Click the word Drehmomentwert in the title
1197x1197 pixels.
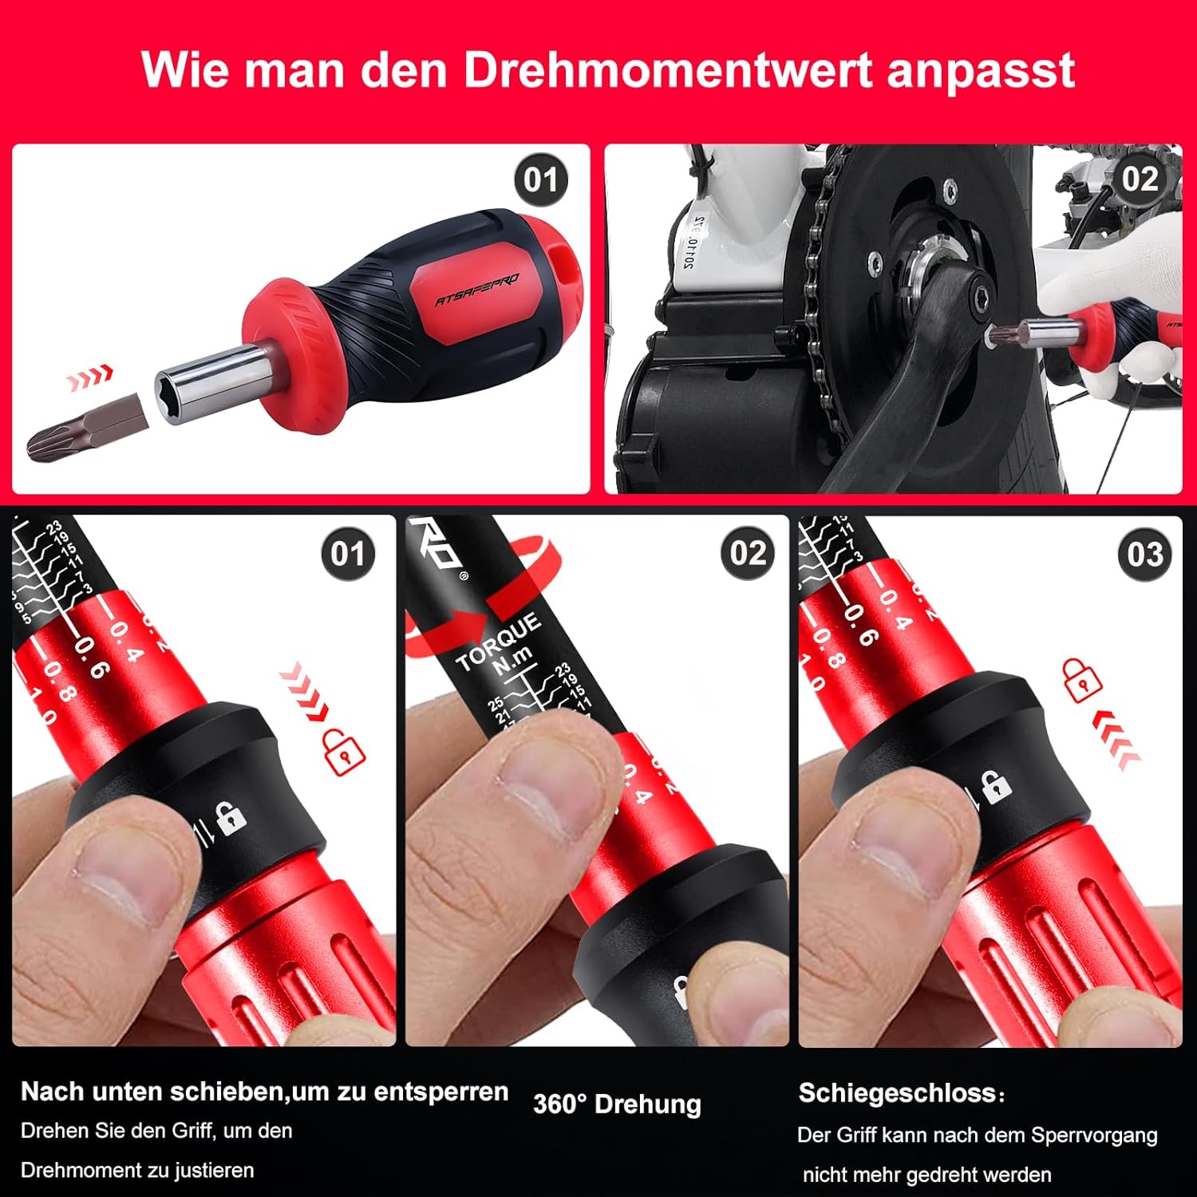click(x=669, y=70)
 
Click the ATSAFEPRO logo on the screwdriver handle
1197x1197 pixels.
click(x=476, y=289)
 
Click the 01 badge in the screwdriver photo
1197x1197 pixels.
click(x=540, y=180)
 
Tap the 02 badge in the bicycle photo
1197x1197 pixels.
click(x=1139, y=179)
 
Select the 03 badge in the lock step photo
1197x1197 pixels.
click(x=1144, y=554)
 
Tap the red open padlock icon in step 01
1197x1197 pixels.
click(x=344, y=751)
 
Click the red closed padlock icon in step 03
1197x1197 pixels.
click(x=1081, y=680)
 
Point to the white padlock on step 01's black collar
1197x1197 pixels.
click(x=231, y=819)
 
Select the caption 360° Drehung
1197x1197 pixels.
click(x=617, y=1104)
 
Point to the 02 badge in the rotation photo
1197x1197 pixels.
click(x=747, y=553)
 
